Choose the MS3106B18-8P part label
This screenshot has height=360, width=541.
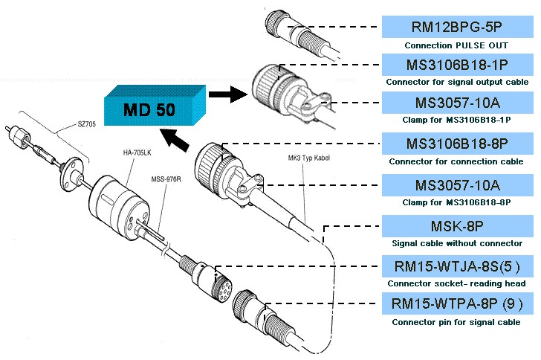click(456, 142)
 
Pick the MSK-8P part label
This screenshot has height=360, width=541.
click(456, 225)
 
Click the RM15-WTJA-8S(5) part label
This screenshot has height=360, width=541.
click(456, 266)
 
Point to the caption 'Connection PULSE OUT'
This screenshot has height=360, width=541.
click(456, 45)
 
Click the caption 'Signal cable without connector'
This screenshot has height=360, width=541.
click(456, 242)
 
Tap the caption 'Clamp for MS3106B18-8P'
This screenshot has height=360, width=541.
click(456, 202)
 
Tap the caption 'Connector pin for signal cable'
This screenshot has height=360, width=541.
click(456, 322)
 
